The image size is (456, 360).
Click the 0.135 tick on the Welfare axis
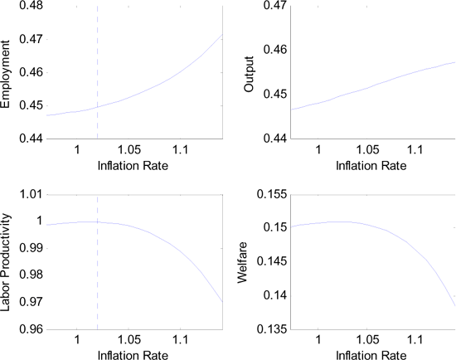(263, 329)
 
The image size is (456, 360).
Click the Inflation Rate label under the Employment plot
(133, 166)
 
